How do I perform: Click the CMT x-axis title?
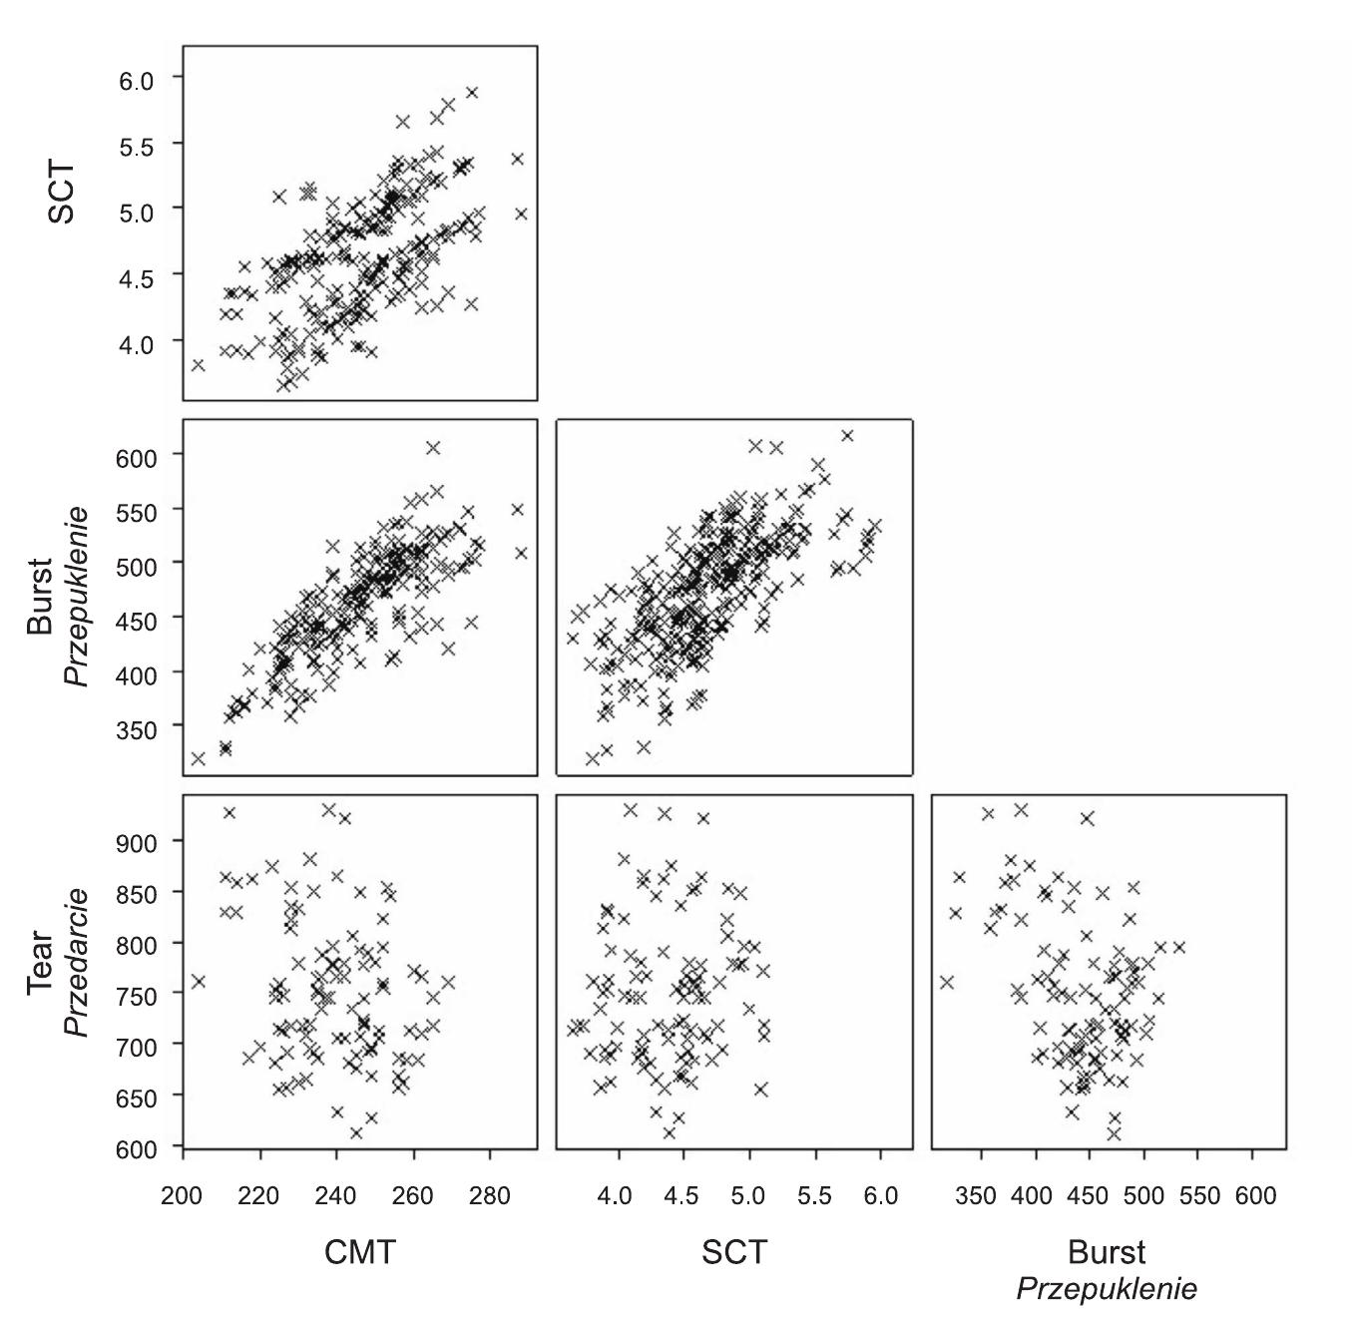(x=359, y=1251)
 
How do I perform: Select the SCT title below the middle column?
(x=734, y=1251)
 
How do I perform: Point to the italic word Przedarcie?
(x=77, y=963)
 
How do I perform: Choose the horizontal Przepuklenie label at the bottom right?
(x=1106, y=1289)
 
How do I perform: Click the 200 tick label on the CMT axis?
(x=182, y=1195)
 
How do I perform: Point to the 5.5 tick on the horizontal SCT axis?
(x=814, y=1195)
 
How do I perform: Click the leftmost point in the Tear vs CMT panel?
(x=198, y=981)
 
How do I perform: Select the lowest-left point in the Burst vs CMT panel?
(x=198, y=758)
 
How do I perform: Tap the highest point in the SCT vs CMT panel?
(x=472, y=92)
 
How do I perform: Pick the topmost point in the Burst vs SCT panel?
(x=847, y=435)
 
